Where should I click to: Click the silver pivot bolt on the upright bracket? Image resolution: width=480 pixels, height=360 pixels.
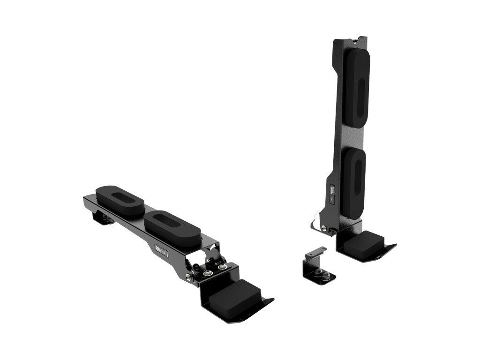coord(324,228)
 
